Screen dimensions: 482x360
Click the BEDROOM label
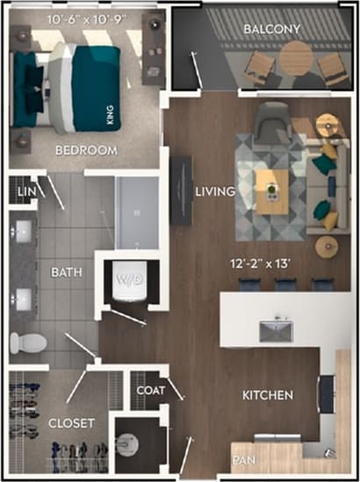(x=86, y=150)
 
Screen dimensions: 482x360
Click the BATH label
(x=66, y=273)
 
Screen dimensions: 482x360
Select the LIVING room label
(x=214, y=191)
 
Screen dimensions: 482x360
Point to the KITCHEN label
(x=268, y=396)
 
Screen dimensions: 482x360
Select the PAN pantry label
(x=243, y=460)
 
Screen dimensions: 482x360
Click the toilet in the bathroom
(x=25, y=342)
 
